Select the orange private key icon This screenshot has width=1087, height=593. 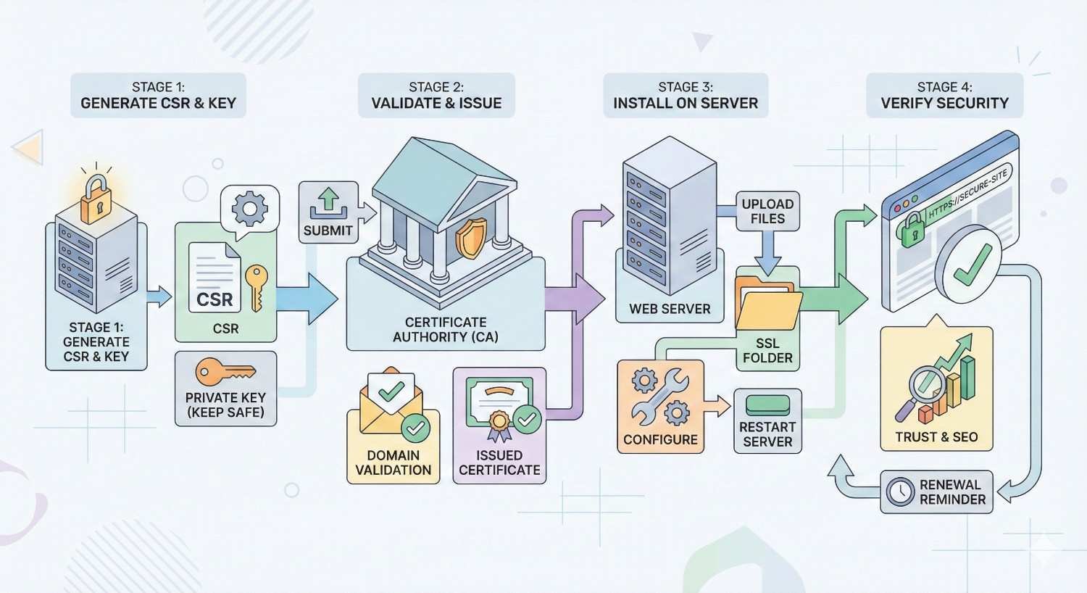click(225, 373)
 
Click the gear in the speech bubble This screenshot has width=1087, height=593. click(249, 209)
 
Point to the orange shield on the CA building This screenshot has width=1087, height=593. click(470, 238)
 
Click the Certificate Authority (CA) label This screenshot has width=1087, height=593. click(445, 329)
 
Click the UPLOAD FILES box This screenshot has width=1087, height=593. click(767, 211)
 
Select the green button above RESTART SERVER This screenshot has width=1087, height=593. click(767, 405)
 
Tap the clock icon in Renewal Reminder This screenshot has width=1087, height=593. click(900, 492)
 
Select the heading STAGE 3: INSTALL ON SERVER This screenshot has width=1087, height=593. click(686, 95)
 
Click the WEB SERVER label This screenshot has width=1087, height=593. click(670, 309)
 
